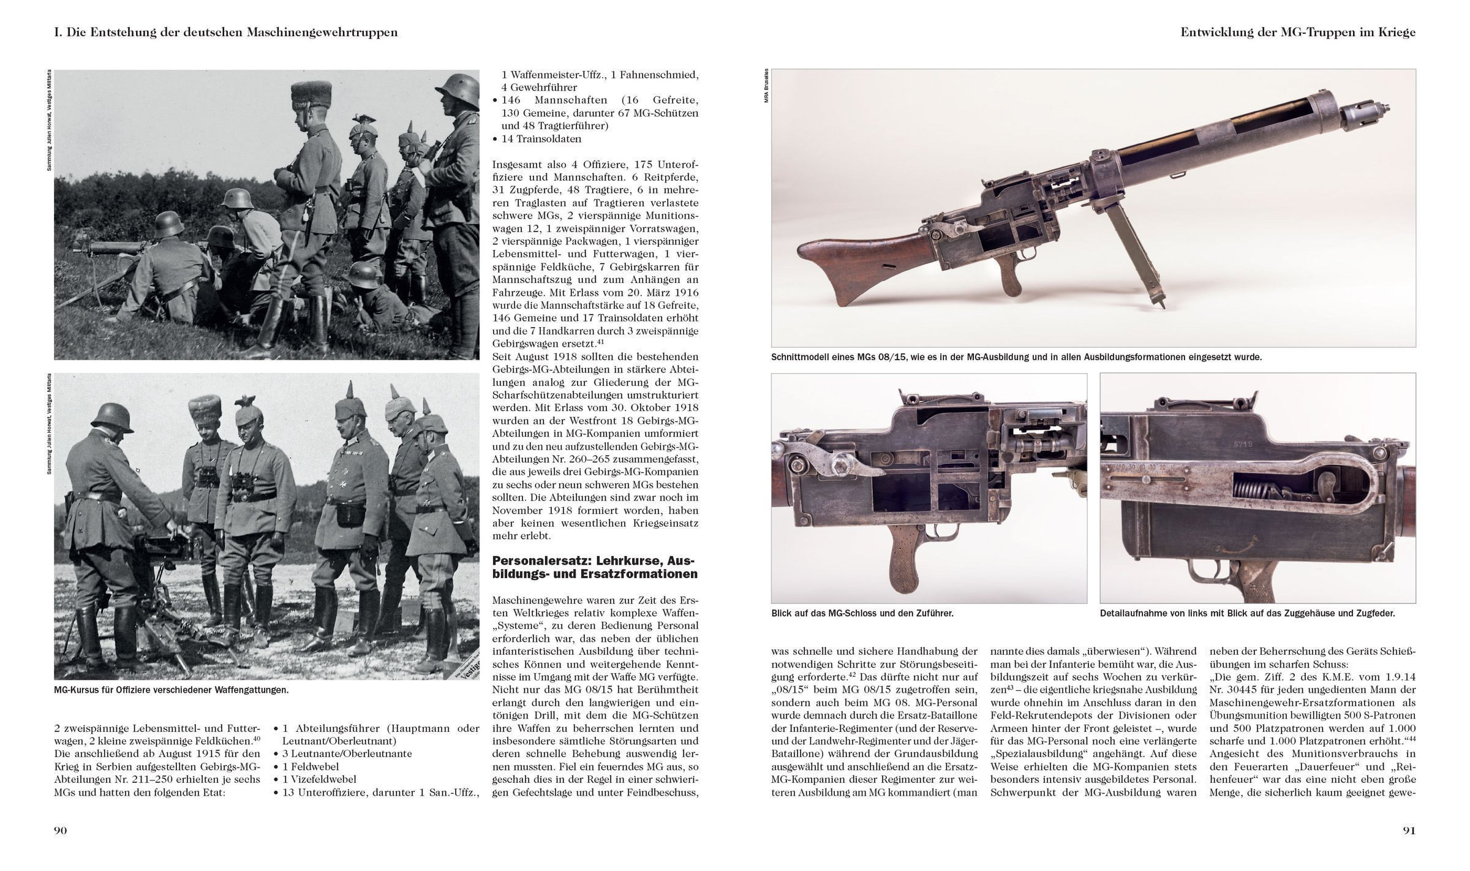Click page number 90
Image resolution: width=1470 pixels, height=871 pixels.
[60, 831]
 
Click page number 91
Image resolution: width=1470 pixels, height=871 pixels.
[1409, 831]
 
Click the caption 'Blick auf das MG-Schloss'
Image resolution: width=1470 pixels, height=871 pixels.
[862, 613]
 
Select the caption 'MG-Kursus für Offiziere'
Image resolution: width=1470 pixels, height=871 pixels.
[171, 689]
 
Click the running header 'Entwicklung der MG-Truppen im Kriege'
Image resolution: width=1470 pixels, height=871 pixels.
[1298, 32]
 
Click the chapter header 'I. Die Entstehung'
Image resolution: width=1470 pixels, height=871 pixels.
[226, 32]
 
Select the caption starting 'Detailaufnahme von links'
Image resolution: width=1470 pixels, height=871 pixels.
[1247, 613]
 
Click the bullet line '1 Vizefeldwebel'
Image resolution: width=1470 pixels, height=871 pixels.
[319, 780]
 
